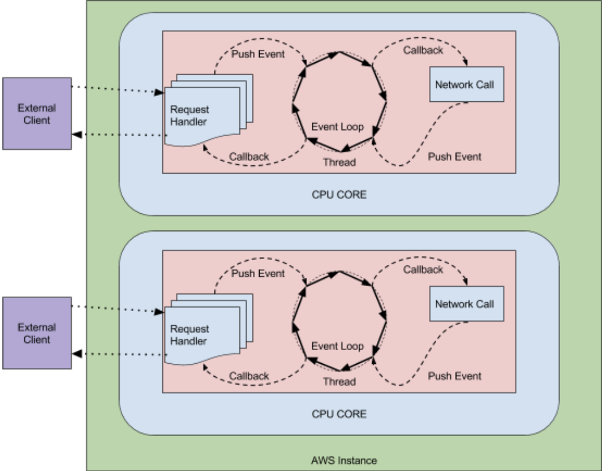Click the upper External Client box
tap(37, 114)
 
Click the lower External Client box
tap(37, 333)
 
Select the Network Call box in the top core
tap(467, 84)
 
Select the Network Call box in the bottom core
tap(467, 304)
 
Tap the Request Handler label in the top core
tap(190, 116)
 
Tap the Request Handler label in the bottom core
tap(190, 335)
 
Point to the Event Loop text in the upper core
tap(338, 127)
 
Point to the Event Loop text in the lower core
tap(338, 346)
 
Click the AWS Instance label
tap(344, 460)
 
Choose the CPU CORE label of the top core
tap(339, 194)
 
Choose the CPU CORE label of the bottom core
tap(339, 414)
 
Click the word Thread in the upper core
tap(339, 162)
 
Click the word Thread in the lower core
tap(339, 382)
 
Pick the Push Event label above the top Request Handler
tap(258, 54)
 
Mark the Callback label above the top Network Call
tap(423, 50)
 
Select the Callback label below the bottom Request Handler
tap(249, 376)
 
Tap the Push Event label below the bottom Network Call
tap(455, 376)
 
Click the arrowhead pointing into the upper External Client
tap(77, 134)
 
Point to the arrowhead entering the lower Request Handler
tap(159, 312)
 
